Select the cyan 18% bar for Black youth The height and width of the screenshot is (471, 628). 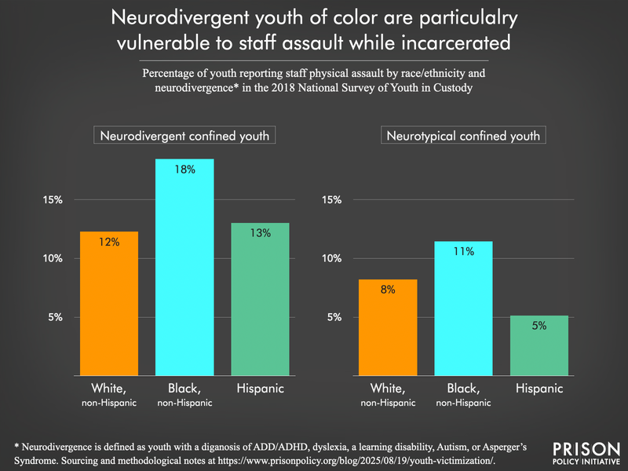(x=184, y=267)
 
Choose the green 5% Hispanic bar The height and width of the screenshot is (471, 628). (x=539, y=345)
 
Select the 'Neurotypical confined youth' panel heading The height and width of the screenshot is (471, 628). (x=462, y=136)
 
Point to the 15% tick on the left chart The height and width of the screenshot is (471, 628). (x=53, y=199)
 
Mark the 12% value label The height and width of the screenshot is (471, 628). (x=109, y=243)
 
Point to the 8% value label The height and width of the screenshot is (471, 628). (x=388, y=290)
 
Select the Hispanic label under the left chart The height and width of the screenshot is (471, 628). (x=260, y=389)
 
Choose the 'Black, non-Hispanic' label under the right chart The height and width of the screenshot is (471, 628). (x=463, y=393)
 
